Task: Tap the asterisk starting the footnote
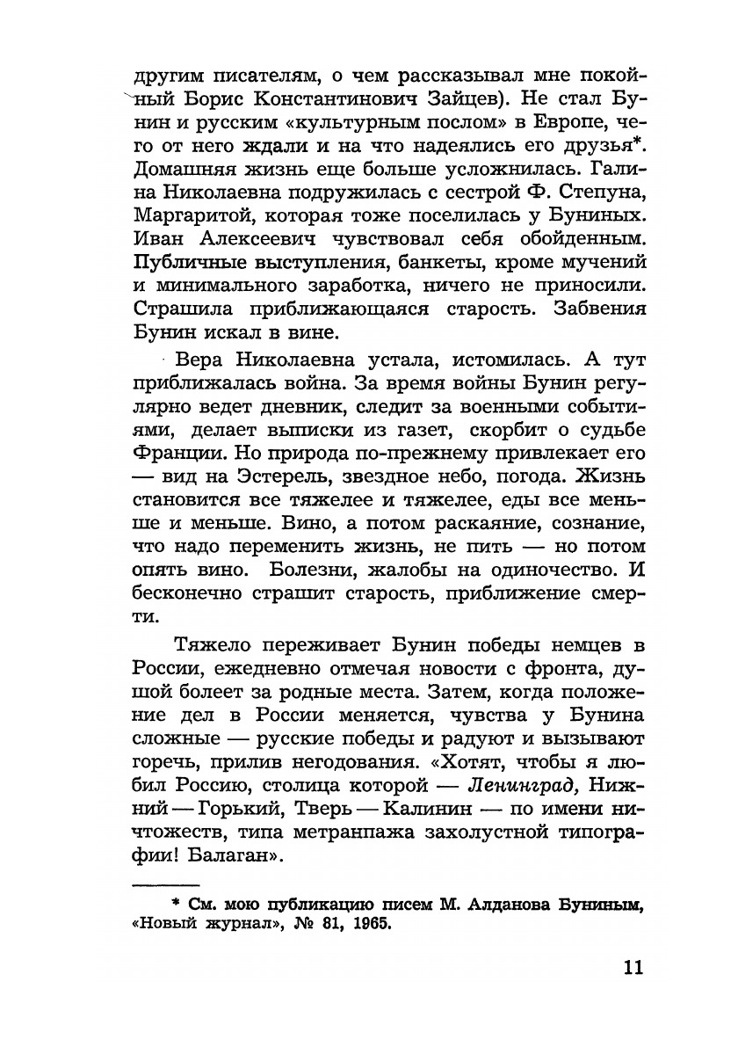click(x=176, y=902)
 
